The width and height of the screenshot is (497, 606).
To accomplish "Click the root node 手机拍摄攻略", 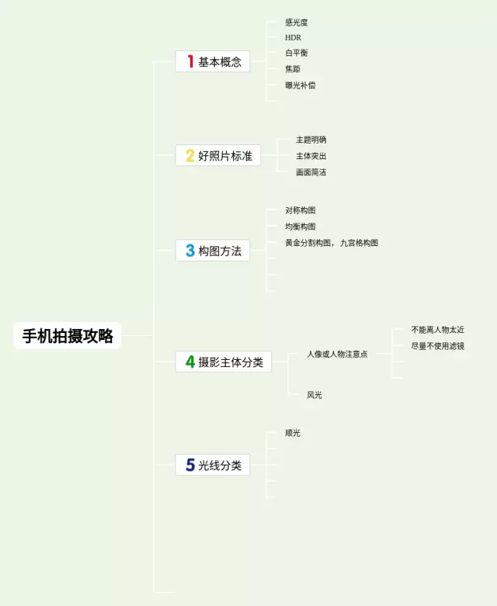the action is point(68,336).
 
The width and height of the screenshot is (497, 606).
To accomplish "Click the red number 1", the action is point(189,61).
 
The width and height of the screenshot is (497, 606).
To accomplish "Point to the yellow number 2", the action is point(189,156).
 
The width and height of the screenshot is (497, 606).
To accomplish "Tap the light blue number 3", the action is point(189,251).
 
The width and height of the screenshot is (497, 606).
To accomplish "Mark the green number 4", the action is point(189,362).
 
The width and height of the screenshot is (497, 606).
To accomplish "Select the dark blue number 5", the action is point(189,466).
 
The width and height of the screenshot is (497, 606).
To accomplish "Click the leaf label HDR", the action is point(293,37).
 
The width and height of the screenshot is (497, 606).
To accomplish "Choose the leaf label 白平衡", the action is point(297,53).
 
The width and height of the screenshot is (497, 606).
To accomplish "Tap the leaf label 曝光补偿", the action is point(301,85).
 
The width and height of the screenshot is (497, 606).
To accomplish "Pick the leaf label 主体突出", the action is point(311,156).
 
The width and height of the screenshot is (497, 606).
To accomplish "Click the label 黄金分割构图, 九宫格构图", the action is point(332,243).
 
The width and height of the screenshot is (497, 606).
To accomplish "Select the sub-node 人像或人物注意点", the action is point(337,354).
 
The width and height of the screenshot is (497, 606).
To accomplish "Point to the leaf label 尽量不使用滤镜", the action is point(437,346).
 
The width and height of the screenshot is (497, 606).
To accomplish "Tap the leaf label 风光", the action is point(314,395).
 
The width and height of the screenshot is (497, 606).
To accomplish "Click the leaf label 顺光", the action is point(293,433).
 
